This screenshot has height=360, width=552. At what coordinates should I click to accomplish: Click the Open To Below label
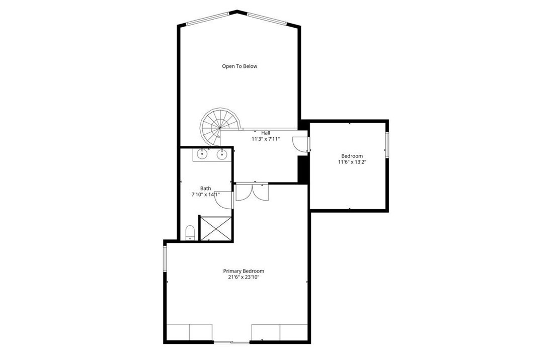[240, 66]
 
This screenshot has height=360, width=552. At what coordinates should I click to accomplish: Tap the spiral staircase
[220, 127]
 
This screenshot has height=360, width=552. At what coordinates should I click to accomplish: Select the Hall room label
[266, 133]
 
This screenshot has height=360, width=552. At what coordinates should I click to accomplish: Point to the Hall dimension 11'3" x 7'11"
[266, 139]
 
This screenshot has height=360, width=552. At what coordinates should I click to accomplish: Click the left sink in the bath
[202, 154]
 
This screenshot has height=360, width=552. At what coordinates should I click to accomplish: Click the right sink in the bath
[222, 154]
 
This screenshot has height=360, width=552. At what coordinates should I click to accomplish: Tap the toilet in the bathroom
[190, 233]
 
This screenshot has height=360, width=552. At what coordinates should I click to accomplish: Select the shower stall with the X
[216, 229]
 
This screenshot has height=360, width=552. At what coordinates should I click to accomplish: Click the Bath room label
[206, 189]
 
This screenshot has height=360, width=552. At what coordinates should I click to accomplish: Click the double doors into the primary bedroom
[252, 192]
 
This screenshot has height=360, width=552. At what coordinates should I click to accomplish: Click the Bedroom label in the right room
[352, 156]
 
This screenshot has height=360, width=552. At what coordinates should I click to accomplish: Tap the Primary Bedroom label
[244, 272]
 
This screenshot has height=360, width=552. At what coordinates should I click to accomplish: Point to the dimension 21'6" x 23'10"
[244, 278]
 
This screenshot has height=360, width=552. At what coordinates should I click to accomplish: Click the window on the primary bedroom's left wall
[165, 258]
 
